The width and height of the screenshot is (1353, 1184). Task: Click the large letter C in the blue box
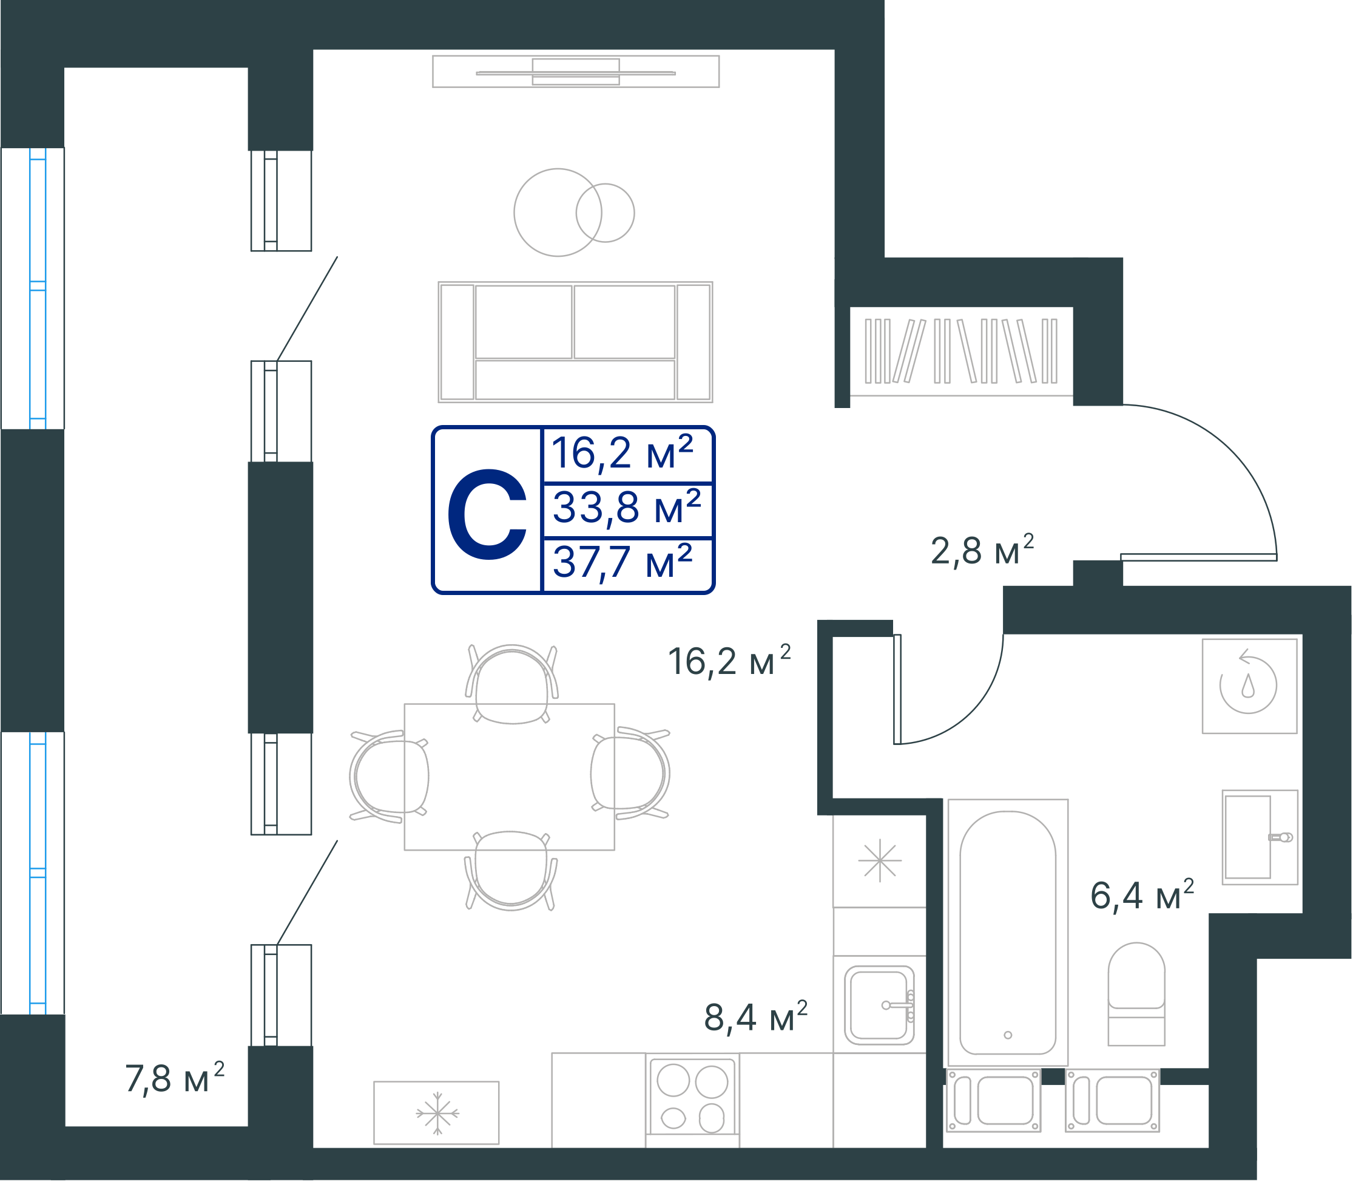point(487,514)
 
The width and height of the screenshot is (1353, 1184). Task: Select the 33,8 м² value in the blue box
point(627,508)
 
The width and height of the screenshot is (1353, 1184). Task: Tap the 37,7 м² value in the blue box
point(623,562)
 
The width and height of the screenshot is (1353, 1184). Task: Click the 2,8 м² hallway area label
point(982,550)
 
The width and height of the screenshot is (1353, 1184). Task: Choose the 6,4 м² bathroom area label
point(1142,896)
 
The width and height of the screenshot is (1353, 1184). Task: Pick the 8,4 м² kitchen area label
point(755,1017)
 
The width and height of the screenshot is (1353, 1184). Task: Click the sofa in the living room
point(575,342)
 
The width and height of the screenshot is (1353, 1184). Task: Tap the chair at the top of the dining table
point(511,684)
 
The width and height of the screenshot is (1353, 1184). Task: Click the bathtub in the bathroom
point(1008,932)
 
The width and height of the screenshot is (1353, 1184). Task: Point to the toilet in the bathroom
point(1136,994)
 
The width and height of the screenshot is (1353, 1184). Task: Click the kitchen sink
point(879,1005)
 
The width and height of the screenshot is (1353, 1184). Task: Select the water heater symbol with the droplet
point(1249,686)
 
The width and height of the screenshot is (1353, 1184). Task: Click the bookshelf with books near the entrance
point(961,352)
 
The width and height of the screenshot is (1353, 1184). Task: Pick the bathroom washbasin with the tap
point(1260,837)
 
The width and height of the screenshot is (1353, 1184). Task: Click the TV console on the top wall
point(576,72)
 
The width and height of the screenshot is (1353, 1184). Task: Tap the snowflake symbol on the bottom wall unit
point(437,1114)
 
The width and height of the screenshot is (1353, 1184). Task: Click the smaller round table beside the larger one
point(606,213)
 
